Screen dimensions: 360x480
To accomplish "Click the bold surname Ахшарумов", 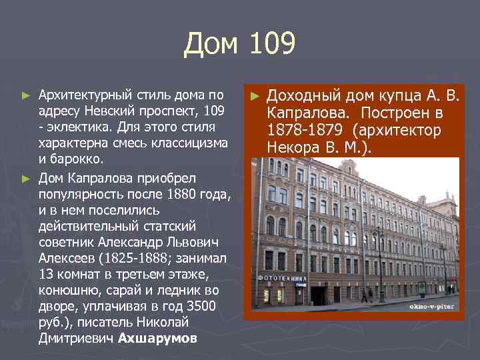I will click(x=157, y=338).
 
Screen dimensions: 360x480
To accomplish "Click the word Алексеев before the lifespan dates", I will click(x=64, y=259).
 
